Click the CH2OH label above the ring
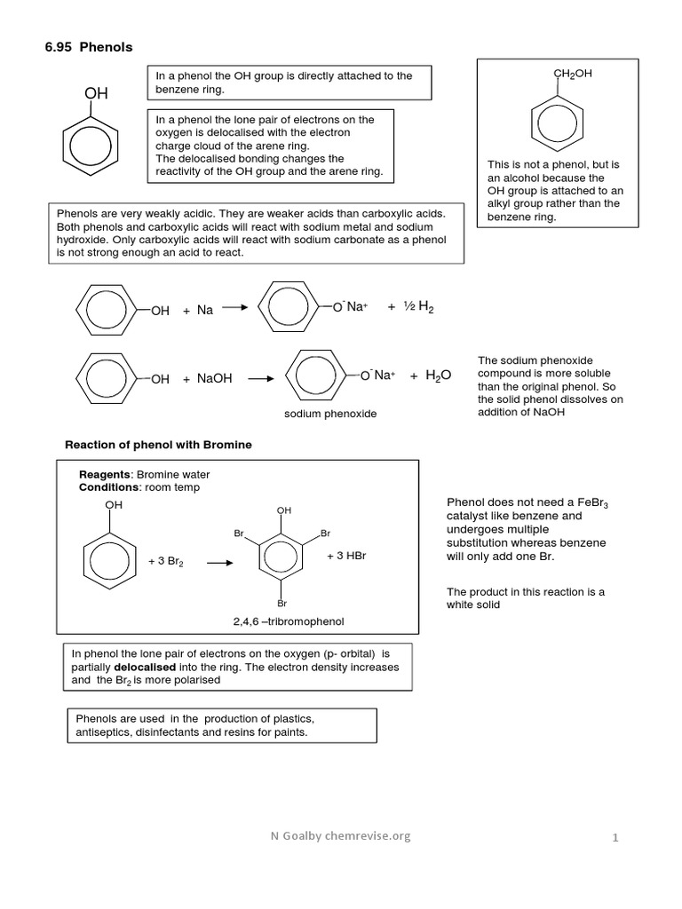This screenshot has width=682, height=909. pyautogui.click(x=573, y=75)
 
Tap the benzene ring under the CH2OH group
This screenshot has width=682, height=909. pyautogui.click(x=556, y=123)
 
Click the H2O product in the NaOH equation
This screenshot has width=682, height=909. pyautogui.click(x=438, y=375)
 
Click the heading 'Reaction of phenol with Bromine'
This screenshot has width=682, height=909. pyautogui.click(x=160, y=445)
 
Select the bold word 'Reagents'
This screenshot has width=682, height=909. pyautogui.click(x=104, y=474)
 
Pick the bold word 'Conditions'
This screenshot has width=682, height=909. pyautogui.click(x=109, y=486)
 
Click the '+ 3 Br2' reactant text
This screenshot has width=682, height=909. pyautogui.click(x=166, y=562)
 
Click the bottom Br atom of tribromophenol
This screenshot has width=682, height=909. pyautogui.click(x=282, y=603)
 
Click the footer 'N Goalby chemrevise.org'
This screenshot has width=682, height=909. pyautogui.click(x=342, y=836)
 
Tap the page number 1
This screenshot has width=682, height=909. pyautogui.click(x=614, y=837)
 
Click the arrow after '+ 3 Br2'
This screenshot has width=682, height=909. pyautogui.click(x=218, y=562)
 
